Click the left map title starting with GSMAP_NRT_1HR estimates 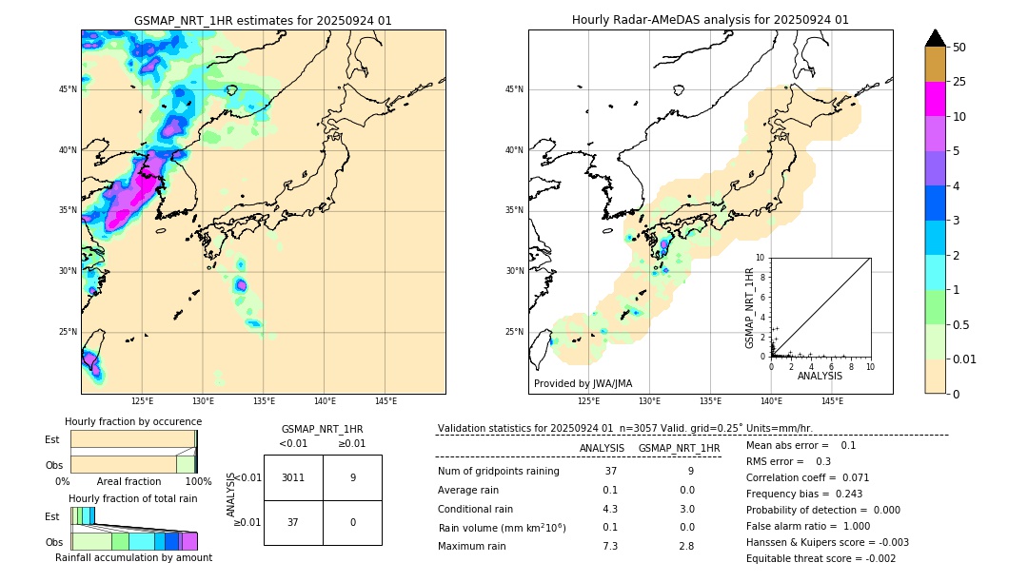point(263,20)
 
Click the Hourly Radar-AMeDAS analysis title point(710,20)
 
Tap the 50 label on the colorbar point(959,48)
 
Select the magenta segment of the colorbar point(935,99)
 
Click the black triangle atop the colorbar point(935,38)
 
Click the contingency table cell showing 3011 point(293,477)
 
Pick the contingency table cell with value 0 point(352,522)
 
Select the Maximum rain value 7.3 point(610,546)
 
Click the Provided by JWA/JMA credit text point(583,384)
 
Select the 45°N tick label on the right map point(514,89)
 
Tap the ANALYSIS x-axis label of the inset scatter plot point(820,376)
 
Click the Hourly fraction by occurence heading point(133,421)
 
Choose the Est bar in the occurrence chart point(132,438)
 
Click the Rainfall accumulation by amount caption point(133,557)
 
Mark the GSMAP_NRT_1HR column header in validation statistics point(679,448)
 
